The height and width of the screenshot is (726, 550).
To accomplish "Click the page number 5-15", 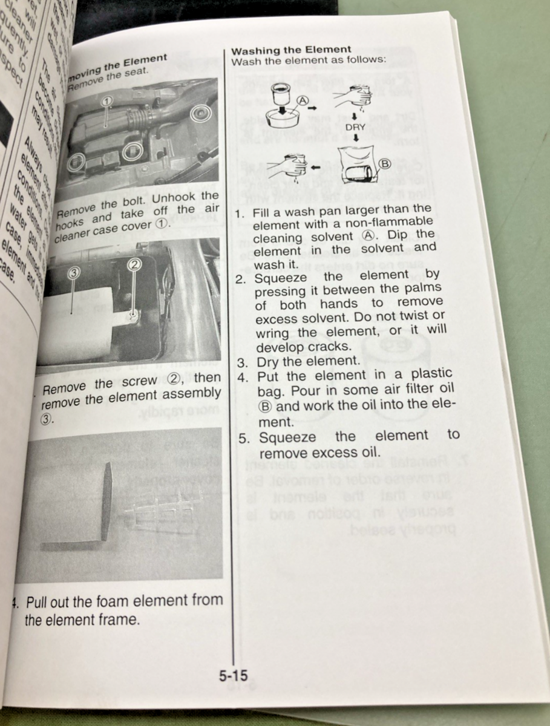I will coord(233,676).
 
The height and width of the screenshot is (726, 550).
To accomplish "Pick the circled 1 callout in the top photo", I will coord(106,101).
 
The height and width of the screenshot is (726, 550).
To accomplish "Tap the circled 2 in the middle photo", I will coord(135,264).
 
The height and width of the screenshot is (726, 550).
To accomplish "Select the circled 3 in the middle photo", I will coord(74,273).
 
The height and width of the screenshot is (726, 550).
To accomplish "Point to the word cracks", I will coord(332,347).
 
